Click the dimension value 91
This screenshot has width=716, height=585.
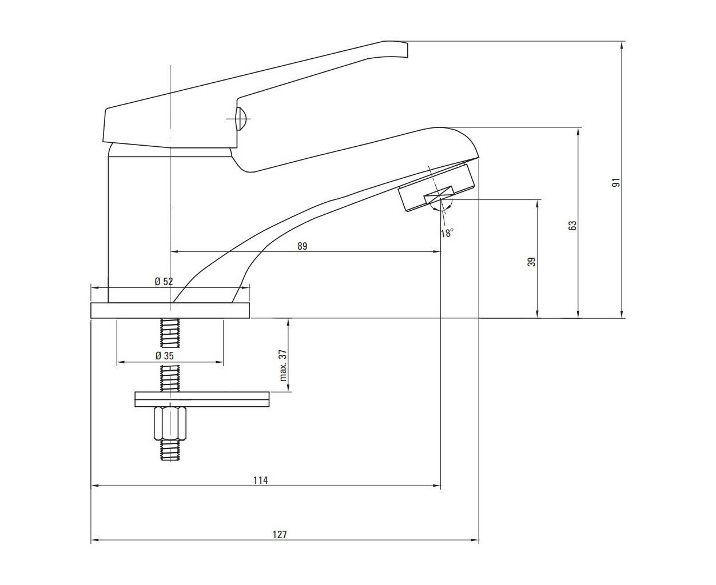[x=616, y=182]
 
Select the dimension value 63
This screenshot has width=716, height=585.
[x=572, y=226]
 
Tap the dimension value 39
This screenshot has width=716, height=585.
[x=532, y=262]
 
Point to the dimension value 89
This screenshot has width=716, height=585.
[x=302, y=246]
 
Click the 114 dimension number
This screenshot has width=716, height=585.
[x=261, y=480]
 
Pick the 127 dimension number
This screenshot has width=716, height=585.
[x=280, y=535]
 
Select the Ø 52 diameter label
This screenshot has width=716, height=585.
[x=164, y=282]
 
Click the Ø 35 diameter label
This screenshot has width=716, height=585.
[x=165, y=356]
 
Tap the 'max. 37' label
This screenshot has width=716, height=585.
[x=284, y=366]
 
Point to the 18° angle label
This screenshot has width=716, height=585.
[x=447, y=233]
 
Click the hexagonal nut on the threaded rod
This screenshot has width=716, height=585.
[x=170, y=423]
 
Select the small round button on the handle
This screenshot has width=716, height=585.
[x=241, y=119]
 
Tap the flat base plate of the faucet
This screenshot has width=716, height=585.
[x=170, y=311]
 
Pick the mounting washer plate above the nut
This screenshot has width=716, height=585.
[x=202, y=399]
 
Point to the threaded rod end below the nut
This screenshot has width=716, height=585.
[x=170, y=450]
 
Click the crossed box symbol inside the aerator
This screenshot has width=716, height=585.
[x=439, y=195]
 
